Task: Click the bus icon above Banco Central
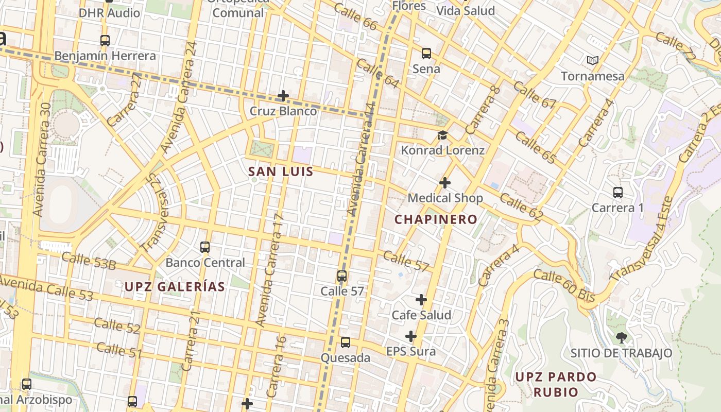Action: [205, 247]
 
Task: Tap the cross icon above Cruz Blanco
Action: [283, 96]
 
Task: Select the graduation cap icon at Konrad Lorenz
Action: [442, 135]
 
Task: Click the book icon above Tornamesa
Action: [593, 60]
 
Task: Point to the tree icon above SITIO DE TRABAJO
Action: [621, 338]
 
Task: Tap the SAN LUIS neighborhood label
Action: [281, 171]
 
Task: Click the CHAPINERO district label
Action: [436, 219]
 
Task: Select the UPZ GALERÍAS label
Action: [175, 287]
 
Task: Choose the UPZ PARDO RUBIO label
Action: [556, 384]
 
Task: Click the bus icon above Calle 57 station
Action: [342, 276]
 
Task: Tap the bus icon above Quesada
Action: [346, 342]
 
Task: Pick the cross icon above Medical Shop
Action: [445, 183]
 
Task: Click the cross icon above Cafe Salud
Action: [421, 300]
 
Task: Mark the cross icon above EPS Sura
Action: [410, 337]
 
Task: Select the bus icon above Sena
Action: [426, 53]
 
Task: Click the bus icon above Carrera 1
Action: [618, 193]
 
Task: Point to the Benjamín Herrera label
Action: [105, 56]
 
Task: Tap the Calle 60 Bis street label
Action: [564, 286]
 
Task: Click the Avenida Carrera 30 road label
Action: [43, 160]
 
